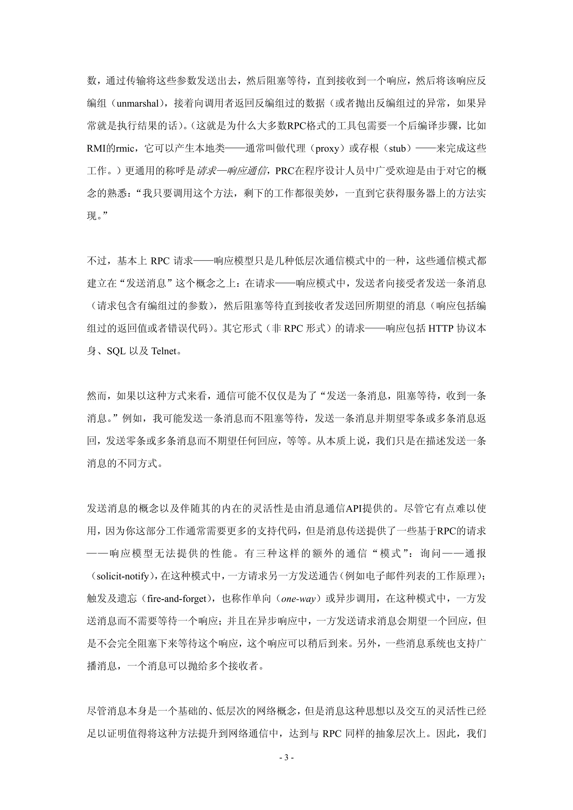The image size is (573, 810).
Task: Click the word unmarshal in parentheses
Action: point(138,104)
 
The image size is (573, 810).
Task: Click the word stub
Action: point(397,148)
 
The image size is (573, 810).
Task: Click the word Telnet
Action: point(163,351)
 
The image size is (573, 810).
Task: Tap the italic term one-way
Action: point(298,599)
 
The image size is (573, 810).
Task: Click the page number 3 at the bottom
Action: point(286,757)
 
